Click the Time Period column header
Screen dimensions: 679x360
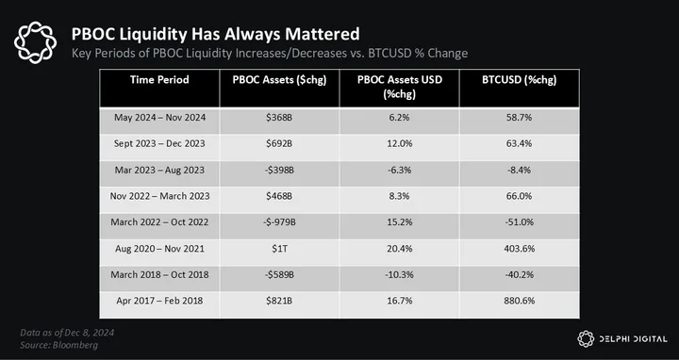tap(159, 80)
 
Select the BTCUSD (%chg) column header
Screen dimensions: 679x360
tap(520, 80)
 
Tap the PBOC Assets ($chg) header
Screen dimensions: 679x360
tap(279, 80)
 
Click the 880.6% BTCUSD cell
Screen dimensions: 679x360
tap(520, 301)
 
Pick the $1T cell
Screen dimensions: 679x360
tap(279, 249)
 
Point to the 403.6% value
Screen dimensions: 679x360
tap(520, 249)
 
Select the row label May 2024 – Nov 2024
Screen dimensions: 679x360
tap(159, 118)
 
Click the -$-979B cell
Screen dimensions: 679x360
tap(279, 222)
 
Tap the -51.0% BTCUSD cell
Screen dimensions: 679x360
tap(520, 222)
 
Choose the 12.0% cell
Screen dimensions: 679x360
tap(399, 143)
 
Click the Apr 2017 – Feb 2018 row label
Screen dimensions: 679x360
tap(159, 301)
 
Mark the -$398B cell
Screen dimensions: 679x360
tap(279, 170)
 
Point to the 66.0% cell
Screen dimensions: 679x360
tap(520, 196)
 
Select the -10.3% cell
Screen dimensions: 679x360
tap(399, 275)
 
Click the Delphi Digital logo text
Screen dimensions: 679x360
tap(633, 339)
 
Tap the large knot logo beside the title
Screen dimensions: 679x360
tap(35, 42)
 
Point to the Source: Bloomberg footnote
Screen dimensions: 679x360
tap(58, 345)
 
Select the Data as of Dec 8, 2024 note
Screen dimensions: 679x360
tap(67, 333)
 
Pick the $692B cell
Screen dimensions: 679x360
tap(279, 143)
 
